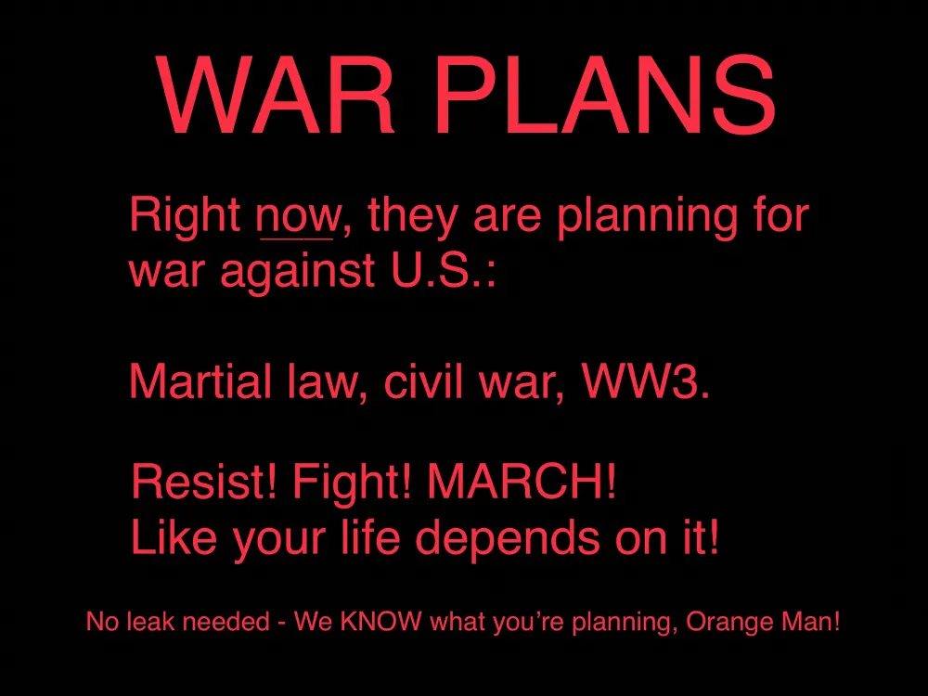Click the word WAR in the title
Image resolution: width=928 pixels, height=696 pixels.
pyautogui.click(x=276, y=95)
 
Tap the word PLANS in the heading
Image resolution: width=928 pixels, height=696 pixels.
pyautogui.click(x=608, y=95)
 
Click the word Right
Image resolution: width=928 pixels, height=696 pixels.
pyautogui.click(x=185, y=215)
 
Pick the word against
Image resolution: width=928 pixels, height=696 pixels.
pyautogui.click(x=297, y=271)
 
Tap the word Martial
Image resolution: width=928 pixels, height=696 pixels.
pyautogui.click(x=199, y=380)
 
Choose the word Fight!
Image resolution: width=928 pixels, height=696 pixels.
pyautogui.click(x=352, y=483)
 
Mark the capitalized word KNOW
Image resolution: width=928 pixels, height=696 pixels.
pyautogui.click(x=381, y=622)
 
